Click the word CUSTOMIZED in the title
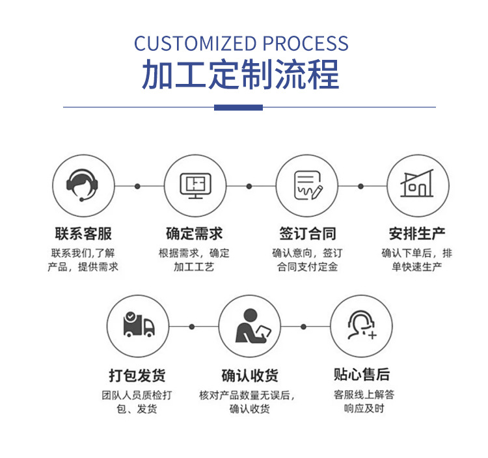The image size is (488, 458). pyautogui.click(x=195, y=44)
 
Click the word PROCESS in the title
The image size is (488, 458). pyautogui.click(x=305, y=44)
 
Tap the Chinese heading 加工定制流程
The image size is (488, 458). pyautogui.click(x=241, y=75)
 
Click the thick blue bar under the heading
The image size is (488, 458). pyautogui.click(x=238, y=107)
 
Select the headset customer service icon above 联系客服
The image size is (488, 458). pyautogui.click(x=83, y=185)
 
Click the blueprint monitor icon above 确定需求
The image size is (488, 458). pyautogui.click(x=194, y=185)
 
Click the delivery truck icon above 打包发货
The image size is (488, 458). pyautogui.click(x=138, y=326)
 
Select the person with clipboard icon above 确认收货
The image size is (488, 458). pyautogui.click(x=249, y=326)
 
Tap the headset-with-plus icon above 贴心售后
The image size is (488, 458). pyautogui.click(x=361, y=326)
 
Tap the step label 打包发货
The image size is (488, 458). pyautogui.click(x=137, y=375)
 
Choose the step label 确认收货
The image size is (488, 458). pyautogui.click(x=249, y=375)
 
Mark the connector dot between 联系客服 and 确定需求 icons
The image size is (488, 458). pyautogui.click(x=137, y=186)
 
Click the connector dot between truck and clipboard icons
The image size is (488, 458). pyautogui.click(x=192, y=326)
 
